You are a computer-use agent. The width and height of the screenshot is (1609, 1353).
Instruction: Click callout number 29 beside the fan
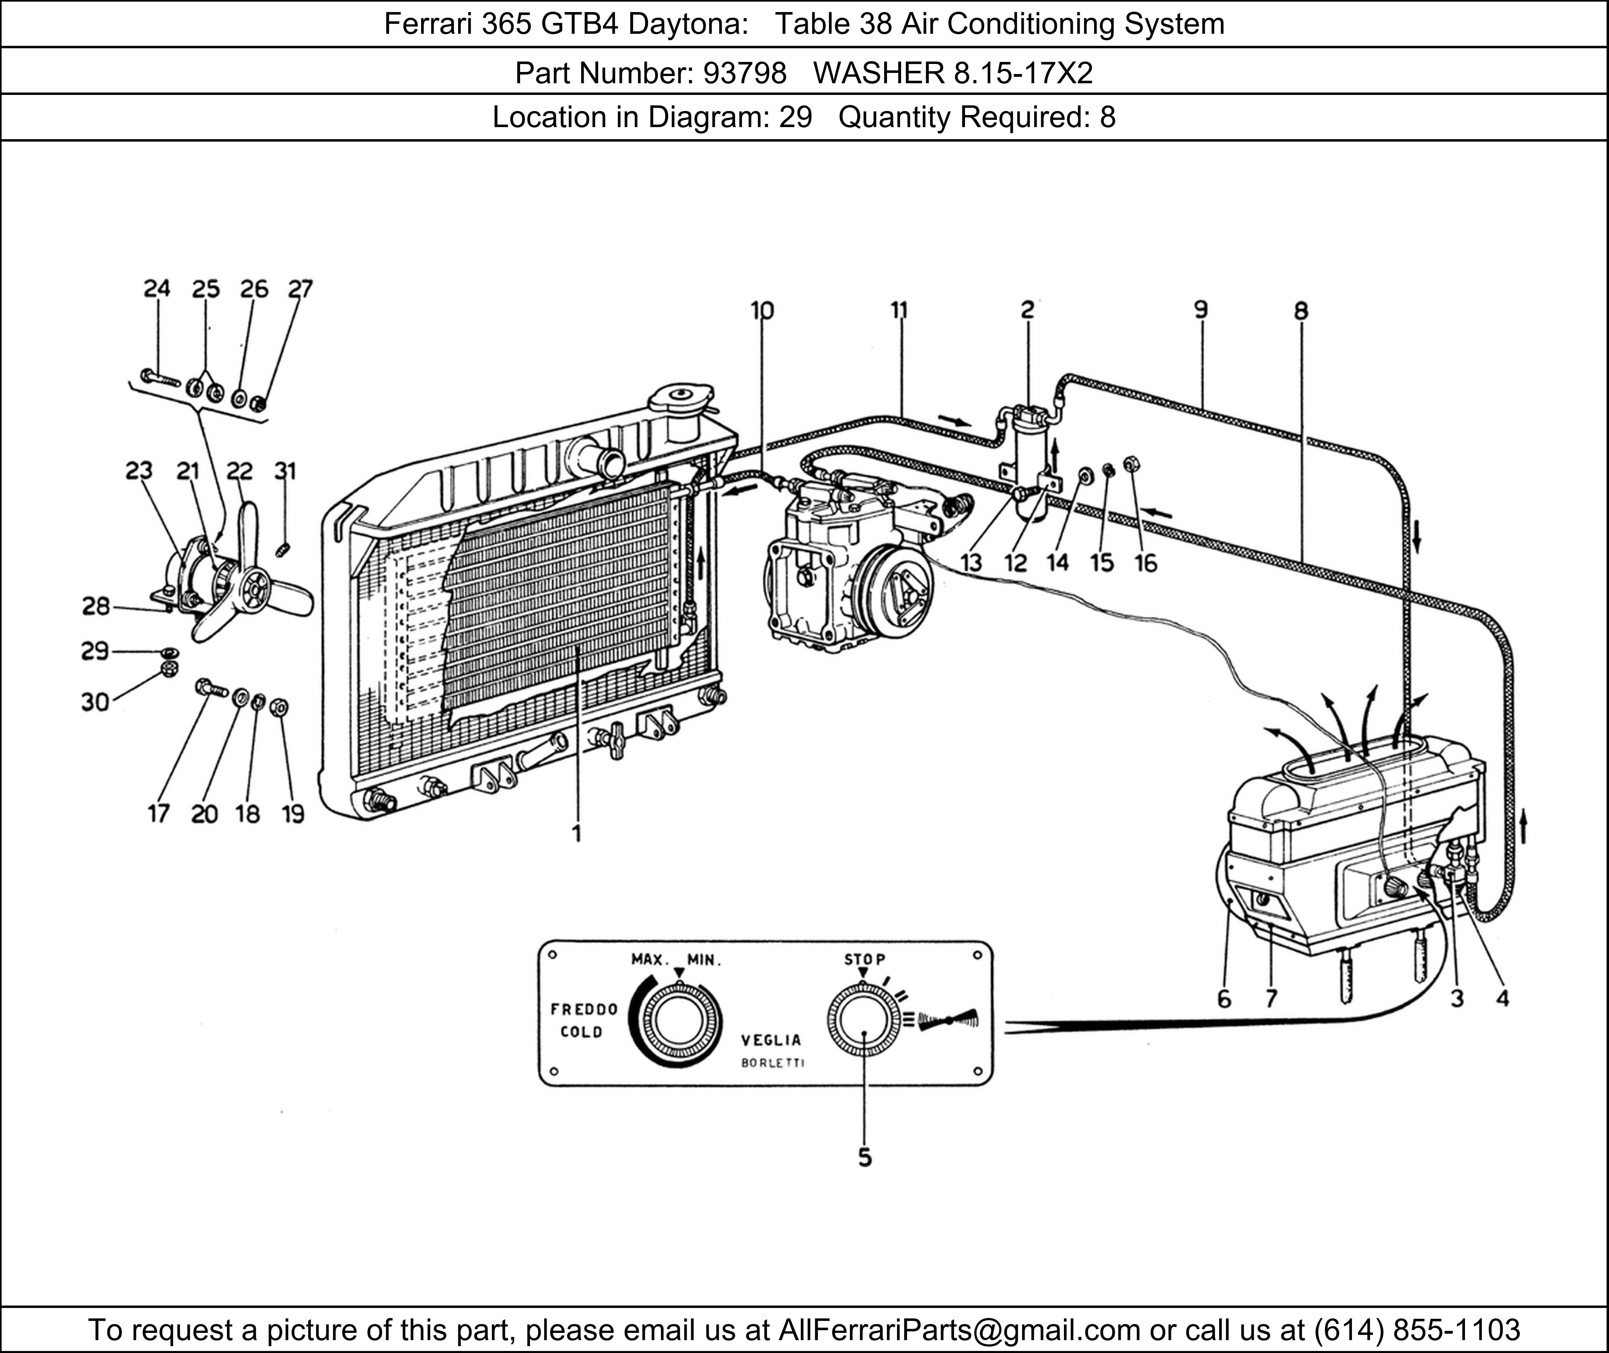(x=95, y=651)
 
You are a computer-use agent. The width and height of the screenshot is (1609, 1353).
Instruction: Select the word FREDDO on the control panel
(x=584, y=1009)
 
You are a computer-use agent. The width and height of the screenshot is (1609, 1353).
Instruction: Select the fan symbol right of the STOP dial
(x=949, y=1020)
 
